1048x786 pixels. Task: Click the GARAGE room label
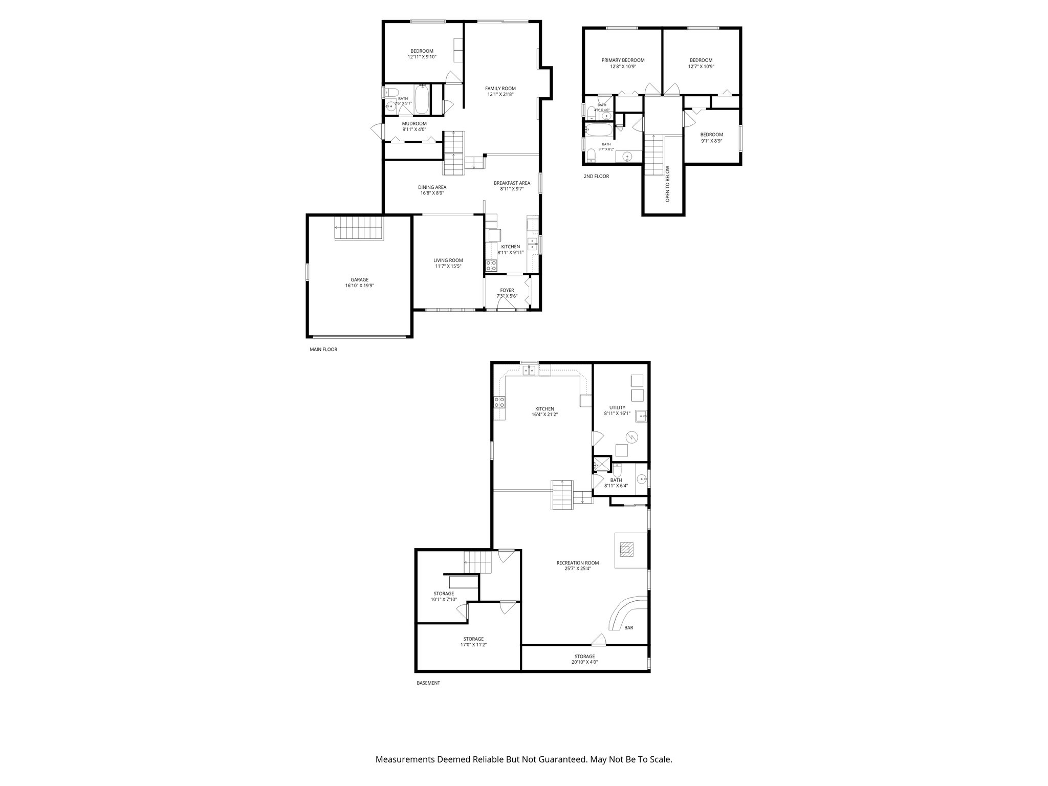click(360, 280)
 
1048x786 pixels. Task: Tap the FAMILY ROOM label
click(500, 89)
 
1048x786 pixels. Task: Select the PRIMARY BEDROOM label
click(623, 60)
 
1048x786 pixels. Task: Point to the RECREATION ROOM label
click(578, 563)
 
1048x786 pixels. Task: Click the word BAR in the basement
click(629, 627)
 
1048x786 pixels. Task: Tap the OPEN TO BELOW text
click(667, 183)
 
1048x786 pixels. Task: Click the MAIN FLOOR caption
click(323, 350)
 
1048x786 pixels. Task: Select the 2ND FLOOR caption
click(596, 176)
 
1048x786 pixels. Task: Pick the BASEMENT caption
click(428, 683)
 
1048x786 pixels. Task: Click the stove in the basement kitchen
click(499, 402)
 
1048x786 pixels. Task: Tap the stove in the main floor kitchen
click(491, 266)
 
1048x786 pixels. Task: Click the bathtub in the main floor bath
click(422, 100)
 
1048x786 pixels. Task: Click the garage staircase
click(359, 228)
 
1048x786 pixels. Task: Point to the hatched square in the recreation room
click(626, 550)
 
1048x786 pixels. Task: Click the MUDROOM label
click(414, 123)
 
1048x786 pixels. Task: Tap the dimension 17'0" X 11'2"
click(473, 645)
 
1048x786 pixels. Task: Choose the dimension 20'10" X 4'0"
click(584, 662)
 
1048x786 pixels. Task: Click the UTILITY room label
click(617, 408)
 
